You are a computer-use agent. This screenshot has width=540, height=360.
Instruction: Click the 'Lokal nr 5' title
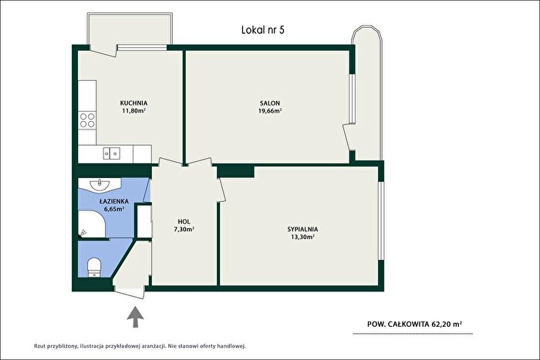[263, 30]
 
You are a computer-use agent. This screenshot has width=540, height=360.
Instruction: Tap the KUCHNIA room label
[133, 103]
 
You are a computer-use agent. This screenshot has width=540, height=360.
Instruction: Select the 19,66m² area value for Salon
[270, 111]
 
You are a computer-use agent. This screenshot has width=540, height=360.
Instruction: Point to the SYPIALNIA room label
[302, 229]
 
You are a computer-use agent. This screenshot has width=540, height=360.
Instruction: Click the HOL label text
[184, 222]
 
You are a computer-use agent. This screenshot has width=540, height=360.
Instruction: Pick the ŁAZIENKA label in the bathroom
[114, 201]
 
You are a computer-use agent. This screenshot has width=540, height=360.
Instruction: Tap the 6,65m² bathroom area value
[114, 209]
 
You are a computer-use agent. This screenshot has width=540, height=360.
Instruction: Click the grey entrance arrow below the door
[135, 317]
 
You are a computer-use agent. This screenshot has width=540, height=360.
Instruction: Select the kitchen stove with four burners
[87, 120]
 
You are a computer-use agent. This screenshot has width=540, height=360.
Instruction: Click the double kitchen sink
[112, 153]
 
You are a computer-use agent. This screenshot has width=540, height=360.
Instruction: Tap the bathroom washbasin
[100, 183]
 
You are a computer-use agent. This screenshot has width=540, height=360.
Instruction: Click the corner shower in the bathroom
[92, 224]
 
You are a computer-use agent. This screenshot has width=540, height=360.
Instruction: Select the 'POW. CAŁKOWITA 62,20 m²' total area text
[415, 324]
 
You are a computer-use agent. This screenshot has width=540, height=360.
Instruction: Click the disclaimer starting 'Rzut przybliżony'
[140, 346]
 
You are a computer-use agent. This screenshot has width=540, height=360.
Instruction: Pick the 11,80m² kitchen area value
[133, 111]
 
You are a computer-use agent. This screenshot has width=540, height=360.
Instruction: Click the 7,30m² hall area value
[184, 229]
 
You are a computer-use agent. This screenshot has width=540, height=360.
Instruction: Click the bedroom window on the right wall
[381, 220]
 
